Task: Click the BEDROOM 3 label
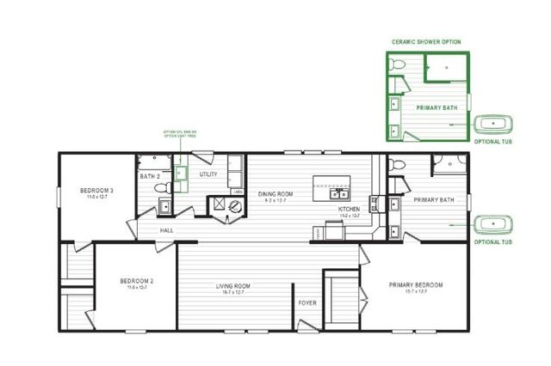pos(94,191)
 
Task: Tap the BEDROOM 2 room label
pos(136,281)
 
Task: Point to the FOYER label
pos(306,303)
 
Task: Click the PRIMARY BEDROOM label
pos(415,285)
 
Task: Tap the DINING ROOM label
pos(275,194)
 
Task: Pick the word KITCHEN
pos(348,209)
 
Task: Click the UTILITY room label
pos(207,174)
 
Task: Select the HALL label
pos(167,230)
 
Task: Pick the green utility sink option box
pos(182,174)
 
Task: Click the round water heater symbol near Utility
pos(218,204)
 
